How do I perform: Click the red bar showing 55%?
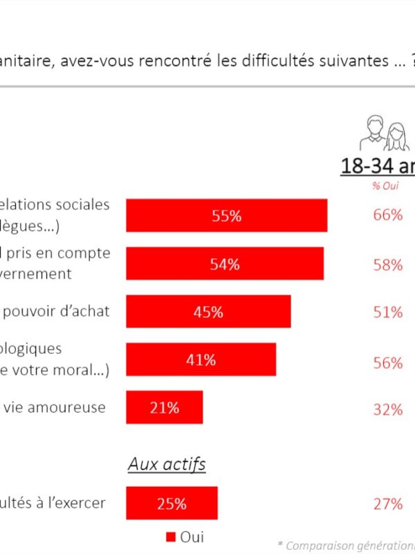click(x=226, y=215)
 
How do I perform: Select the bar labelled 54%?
click(x=225, y=264)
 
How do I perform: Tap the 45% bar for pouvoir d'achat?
click(x=208, y=312)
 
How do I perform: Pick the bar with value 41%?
click(x=201, y=359)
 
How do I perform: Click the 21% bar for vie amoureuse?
click(x=164, y=407)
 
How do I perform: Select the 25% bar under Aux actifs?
click(x=172, y=503)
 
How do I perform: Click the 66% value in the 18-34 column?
click(x=387, y=215)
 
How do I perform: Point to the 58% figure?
click(x=387, y=265)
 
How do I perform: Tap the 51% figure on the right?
click(x=387, y=312)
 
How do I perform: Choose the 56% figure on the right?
click(x=387, y=363)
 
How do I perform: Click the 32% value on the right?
click(x=387, y=409)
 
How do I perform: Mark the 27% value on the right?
click(x=387, y=503)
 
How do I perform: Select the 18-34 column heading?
click(x=378, y=167)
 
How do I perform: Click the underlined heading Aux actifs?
click(x=167, y=464)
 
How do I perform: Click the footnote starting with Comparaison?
click(x=349, y=545)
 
